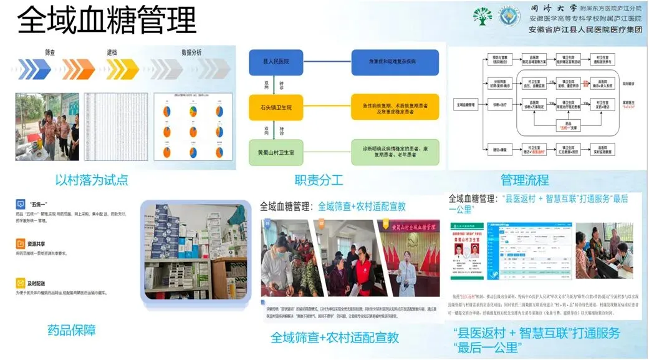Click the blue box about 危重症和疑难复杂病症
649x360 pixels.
(395, 62)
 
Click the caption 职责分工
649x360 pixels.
(319, 180)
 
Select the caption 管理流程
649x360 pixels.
(525, 180)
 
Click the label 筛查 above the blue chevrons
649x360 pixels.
(51, 52)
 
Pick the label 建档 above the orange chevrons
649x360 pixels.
(112, 52)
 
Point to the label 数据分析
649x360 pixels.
(191, 52)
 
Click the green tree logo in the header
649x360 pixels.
(482, 16)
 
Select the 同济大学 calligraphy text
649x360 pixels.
(546, 9)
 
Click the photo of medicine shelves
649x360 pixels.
(193, 248)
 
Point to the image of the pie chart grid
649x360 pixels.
(193, 127)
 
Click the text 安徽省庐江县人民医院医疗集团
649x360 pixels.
(585, 30)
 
